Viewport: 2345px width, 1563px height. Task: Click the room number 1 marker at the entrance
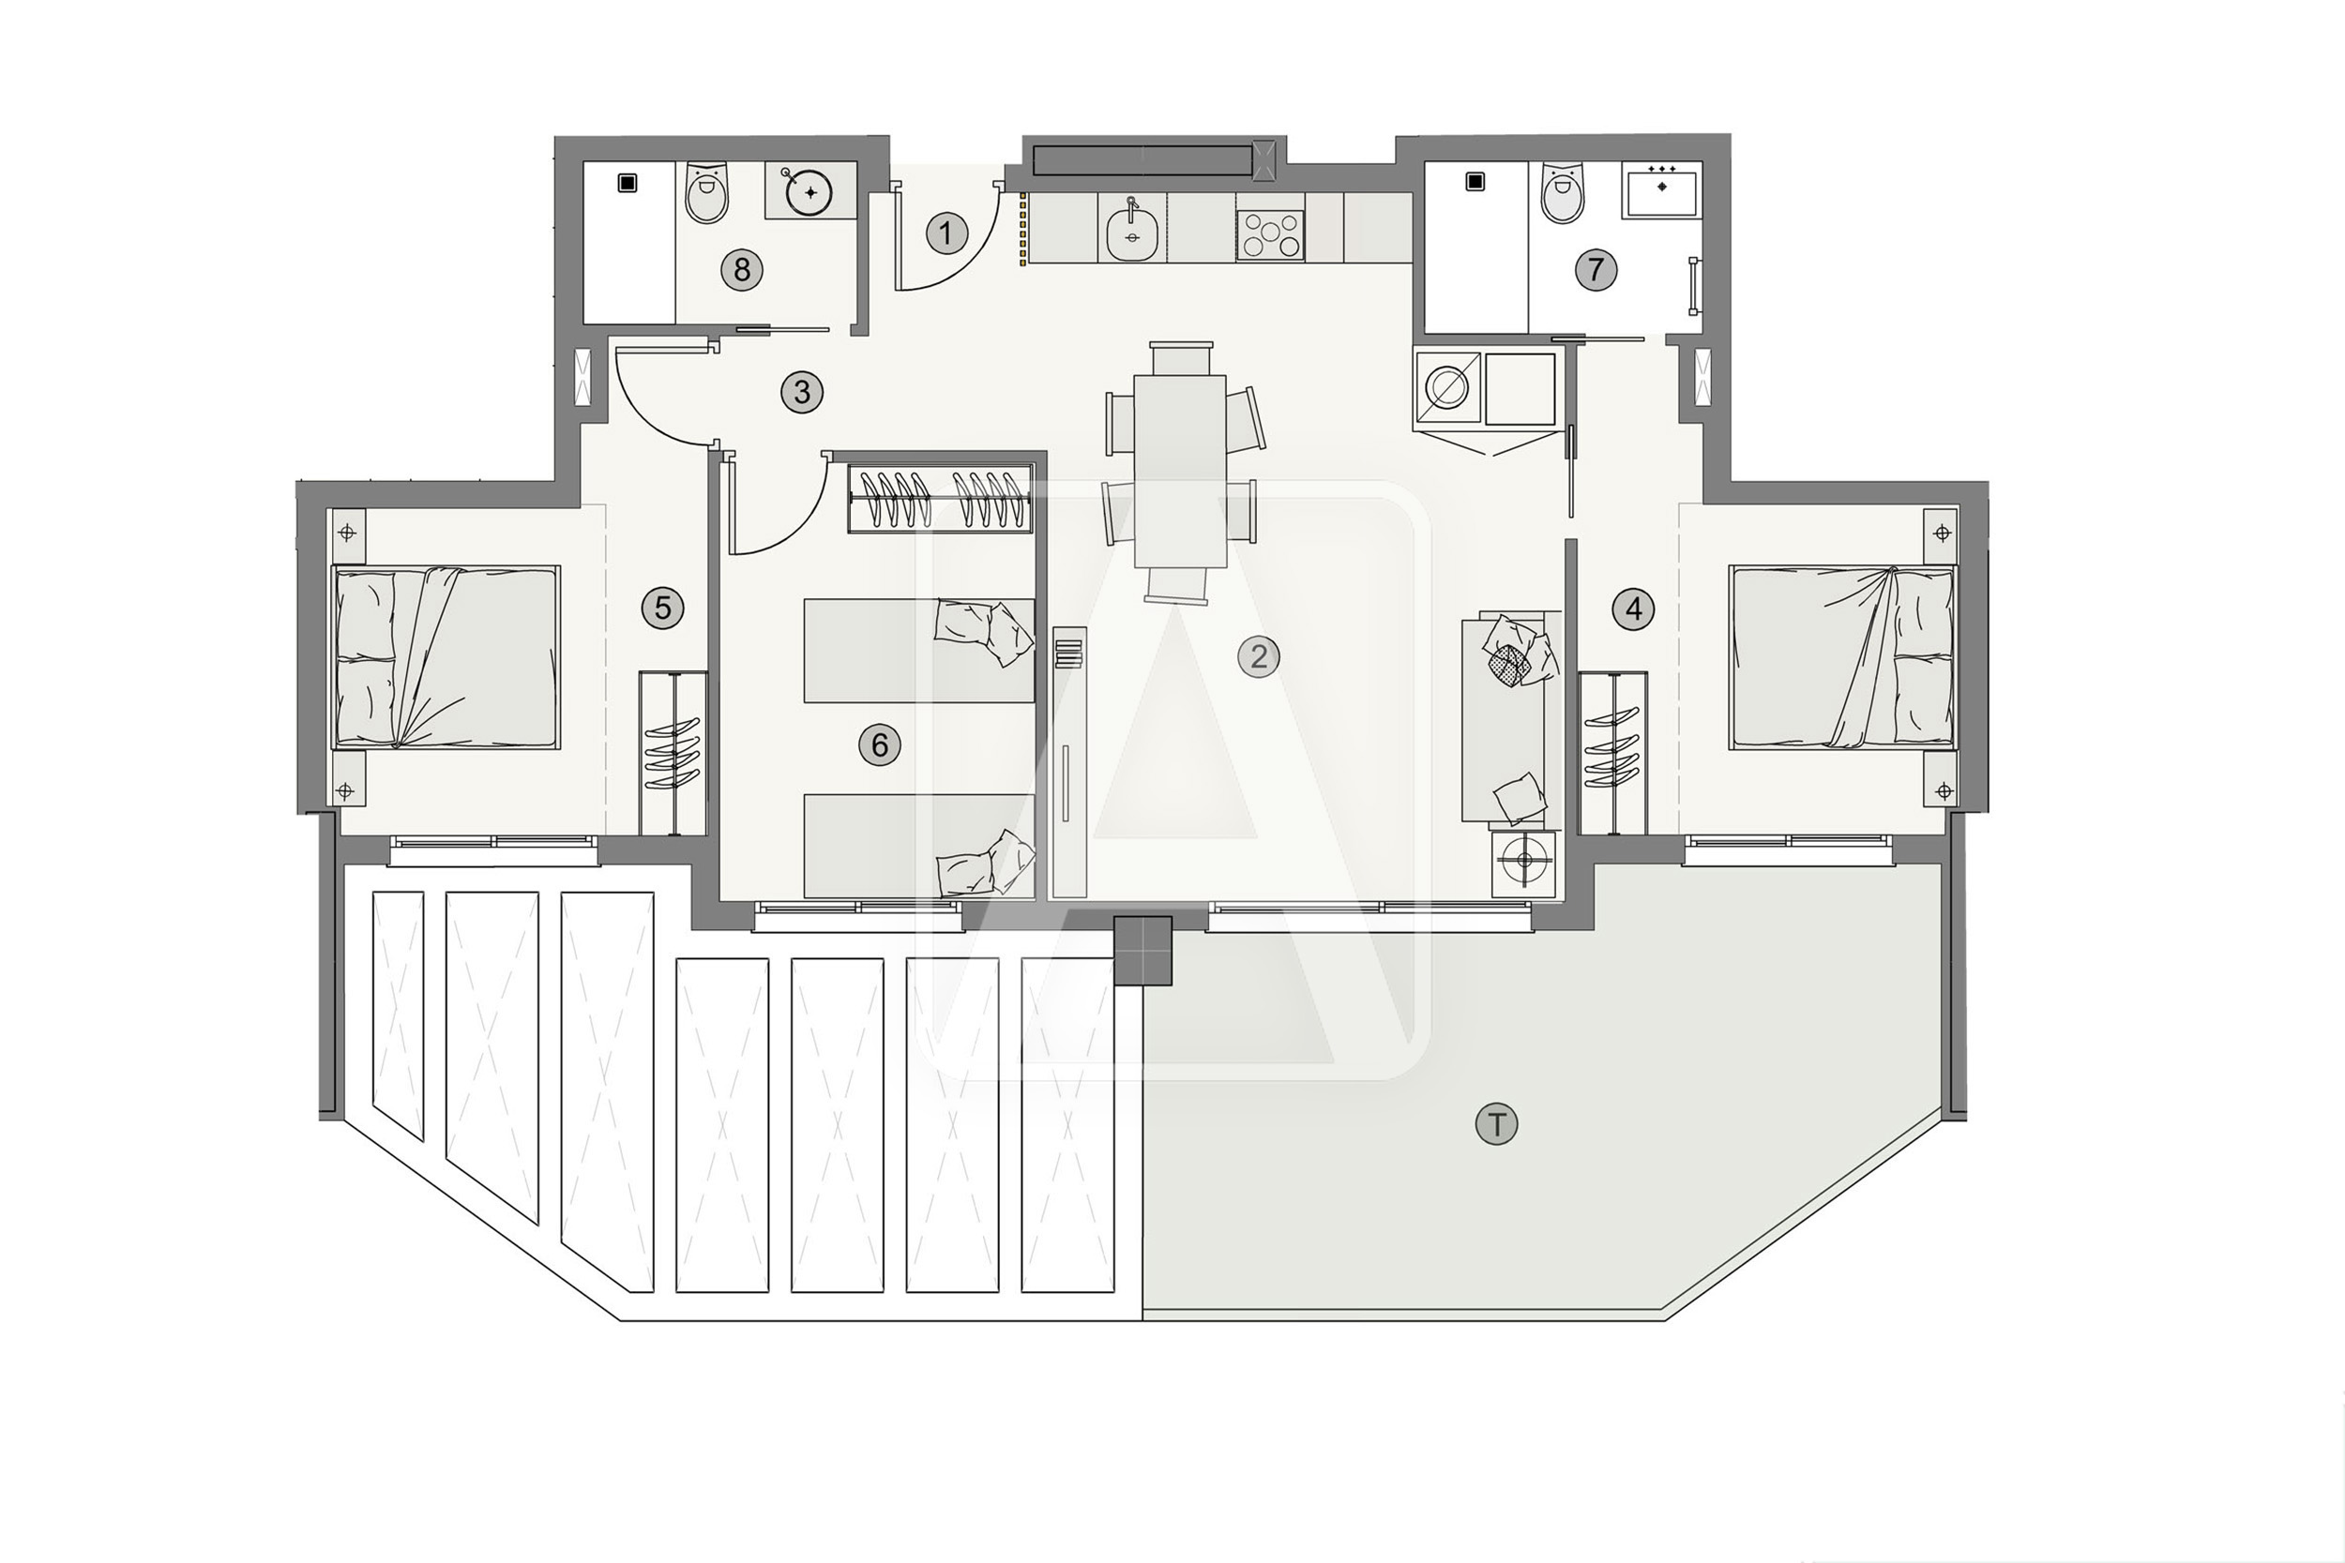[946, 233]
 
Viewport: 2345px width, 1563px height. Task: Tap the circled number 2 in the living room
[1258, 657]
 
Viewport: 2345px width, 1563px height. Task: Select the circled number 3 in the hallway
[802, 393]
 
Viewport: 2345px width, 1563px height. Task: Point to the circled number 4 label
[1633, 609]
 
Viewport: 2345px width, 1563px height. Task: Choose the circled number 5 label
[663, 607]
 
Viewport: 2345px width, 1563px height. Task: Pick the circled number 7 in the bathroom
[1596, 269]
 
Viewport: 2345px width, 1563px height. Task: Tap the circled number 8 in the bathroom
[742, 269]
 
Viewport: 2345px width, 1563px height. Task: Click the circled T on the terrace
[1495, 1124]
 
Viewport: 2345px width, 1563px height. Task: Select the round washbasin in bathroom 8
[809, 191]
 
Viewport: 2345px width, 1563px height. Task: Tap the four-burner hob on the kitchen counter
[1270, 236]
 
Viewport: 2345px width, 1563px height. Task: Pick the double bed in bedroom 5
[446, 657]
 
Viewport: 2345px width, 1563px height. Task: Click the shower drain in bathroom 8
[627, 184]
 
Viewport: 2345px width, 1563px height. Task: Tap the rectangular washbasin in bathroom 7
[1661, 191]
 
